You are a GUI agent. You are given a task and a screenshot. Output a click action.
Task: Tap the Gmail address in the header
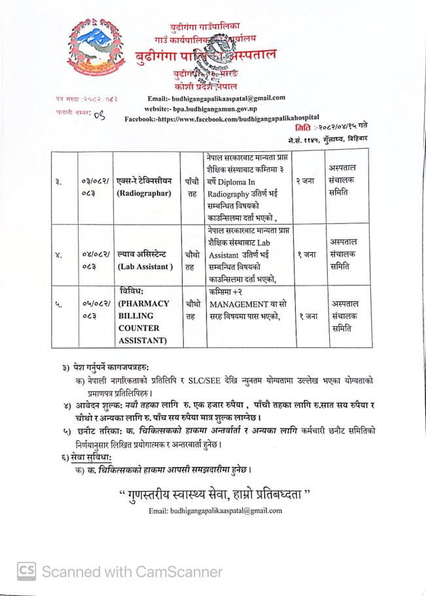225,98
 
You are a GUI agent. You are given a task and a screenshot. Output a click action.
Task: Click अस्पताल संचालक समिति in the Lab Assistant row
344,254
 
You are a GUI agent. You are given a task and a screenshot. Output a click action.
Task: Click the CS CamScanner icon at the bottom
26,571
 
